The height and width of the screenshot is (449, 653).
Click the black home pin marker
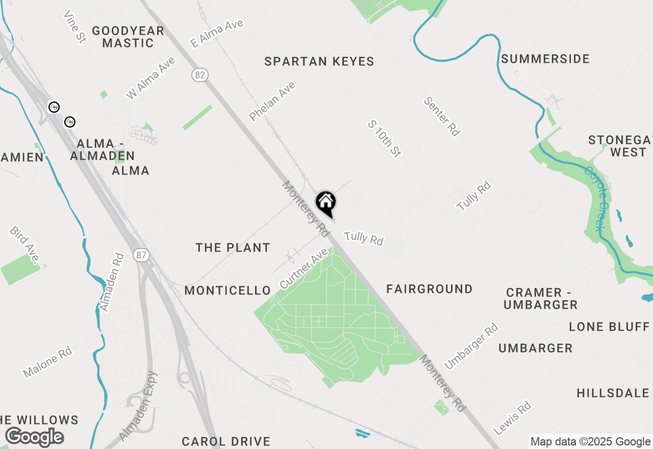click(326, 203)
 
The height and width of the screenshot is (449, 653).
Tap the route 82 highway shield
click(200, 76)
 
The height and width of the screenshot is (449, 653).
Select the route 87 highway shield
click(142, 255)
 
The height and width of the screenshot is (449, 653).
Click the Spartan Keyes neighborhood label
click(319, 62)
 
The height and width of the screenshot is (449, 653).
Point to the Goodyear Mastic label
click(128, 37)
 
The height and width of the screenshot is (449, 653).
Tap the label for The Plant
click(233, 248)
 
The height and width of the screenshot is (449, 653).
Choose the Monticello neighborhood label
click(228, 291)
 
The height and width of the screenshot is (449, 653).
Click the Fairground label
click(429, 289)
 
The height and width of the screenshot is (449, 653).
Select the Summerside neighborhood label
click(545, 59)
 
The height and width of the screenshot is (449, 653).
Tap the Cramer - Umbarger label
click(541, 298)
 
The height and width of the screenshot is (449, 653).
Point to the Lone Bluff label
click(609, 327)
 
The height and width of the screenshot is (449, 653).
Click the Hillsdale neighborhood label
click(613, 393)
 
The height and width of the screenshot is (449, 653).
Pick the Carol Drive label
click(226, 441)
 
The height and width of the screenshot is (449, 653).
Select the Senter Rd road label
click(442, 117)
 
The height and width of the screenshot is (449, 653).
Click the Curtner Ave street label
click(303, 268)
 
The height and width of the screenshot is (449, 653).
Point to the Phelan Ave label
click(272, 102)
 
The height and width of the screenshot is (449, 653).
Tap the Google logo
click(34, 437)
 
